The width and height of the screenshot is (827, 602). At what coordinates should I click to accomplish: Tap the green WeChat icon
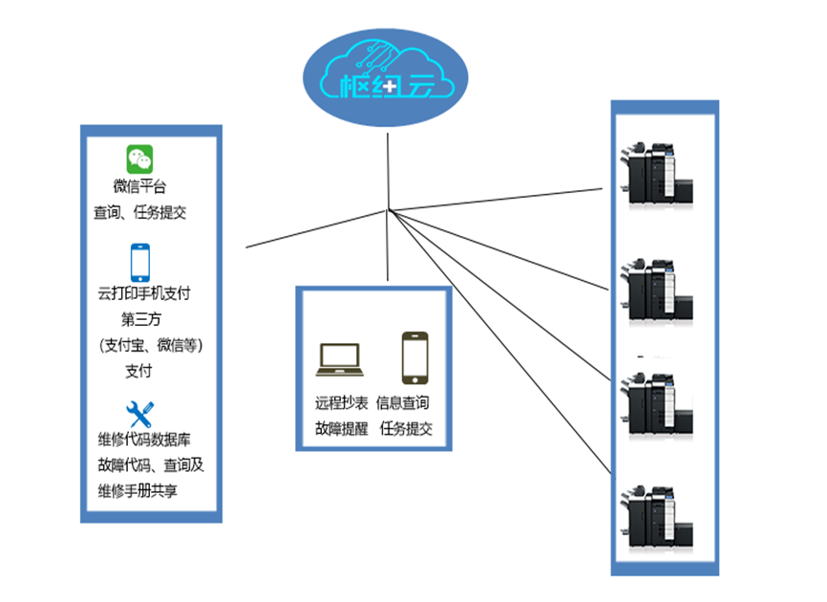coord(140,160)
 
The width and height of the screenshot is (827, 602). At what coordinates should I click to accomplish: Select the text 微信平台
coord(139,186)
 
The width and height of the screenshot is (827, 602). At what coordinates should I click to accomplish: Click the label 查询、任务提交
coord(139,212)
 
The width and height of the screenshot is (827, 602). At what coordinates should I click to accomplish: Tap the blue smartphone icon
coord(140,262)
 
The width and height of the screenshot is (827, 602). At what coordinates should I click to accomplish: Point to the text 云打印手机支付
coord(143,293)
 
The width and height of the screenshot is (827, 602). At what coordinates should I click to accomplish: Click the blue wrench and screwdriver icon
coord(140,414)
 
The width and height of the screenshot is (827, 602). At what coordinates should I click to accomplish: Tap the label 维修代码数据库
coord(143,441)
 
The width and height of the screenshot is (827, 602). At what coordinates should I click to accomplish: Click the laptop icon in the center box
coord(340,359)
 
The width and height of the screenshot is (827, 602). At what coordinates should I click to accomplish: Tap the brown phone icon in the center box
coord(414,357)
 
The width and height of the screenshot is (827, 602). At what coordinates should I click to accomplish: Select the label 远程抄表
coord(341,403)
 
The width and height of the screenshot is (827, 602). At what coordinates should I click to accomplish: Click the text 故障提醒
coord(341,429)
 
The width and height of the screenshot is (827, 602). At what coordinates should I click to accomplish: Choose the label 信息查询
coord(403,403)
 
